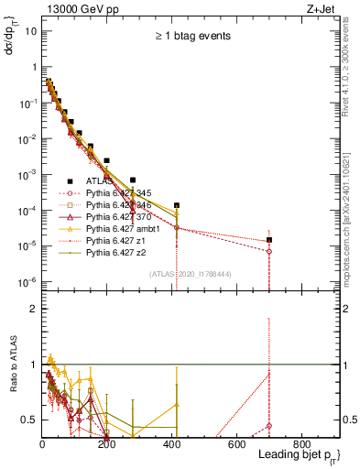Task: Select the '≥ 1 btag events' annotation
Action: point(191,37)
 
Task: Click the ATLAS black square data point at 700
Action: point(269,240)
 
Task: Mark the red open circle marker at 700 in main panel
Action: point(269,251)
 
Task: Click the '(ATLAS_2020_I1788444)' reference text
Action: point(188,273)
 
